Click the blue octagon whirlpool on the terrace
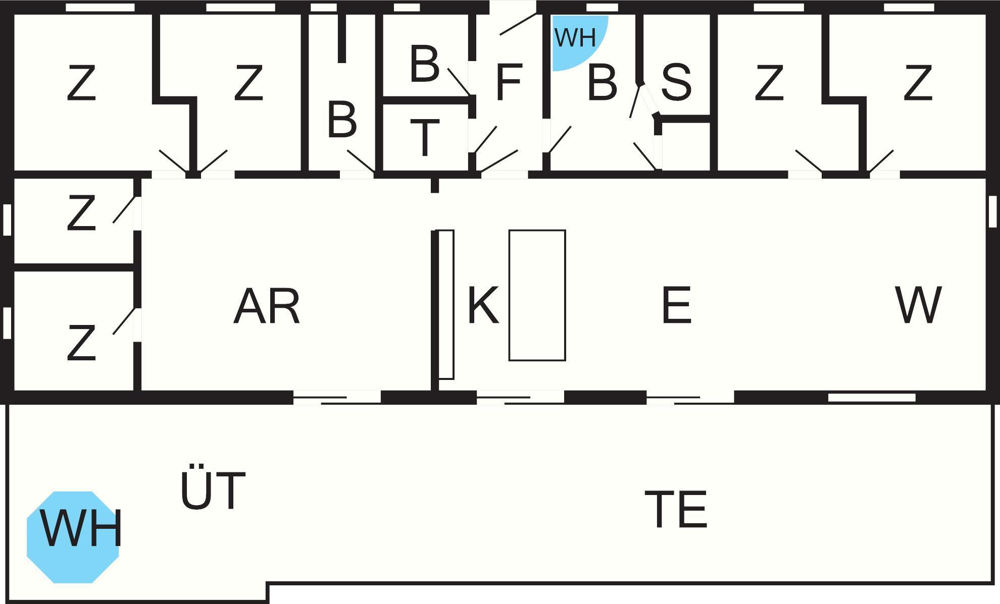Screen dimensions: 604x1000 point(73,537)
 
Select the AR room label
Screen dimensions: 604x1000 point(267,306)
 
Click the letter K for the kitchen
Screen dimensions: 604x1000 point(483,305)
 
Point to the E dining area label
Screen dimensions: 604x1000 point(676,305)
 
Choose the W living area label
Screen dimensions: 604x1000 point(918,305)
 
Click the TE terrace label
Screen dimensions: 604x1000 point(676,510)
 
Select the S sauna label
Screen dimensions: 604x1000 point(676,82)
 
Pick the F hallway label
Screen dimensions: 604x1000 point(509,82)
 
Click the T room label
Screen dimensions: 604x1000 point(425,137)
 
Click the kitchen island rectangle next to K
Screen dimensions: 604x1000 point(537,295)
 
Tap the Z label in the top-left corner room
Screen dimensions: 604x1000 point(81,83)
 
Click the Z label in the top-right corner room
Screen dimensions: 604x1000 point(917,83)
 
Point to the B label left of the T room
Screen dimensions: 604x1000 point(342,120)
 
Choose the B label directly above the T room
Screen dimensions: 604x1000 point(424,64)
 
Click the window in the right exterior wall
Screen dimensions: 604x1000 point(992,211)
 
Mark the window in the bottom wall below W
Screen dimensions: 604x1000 point(872,398)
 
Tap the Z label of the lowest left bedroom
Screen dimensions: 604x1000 point(81,343)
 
